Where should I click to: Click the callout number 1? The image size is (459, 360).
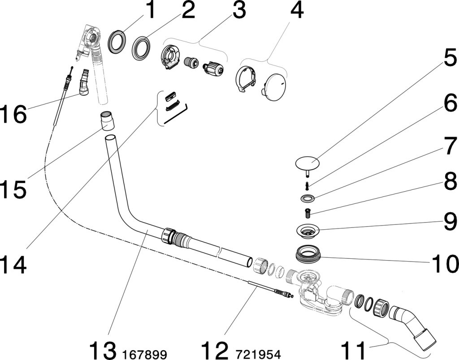point(151,11)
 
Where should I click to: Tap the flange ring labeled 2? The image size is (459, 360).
point(141,47)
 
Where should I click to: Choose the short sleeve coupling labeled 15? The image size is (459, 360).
point(107,121)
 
